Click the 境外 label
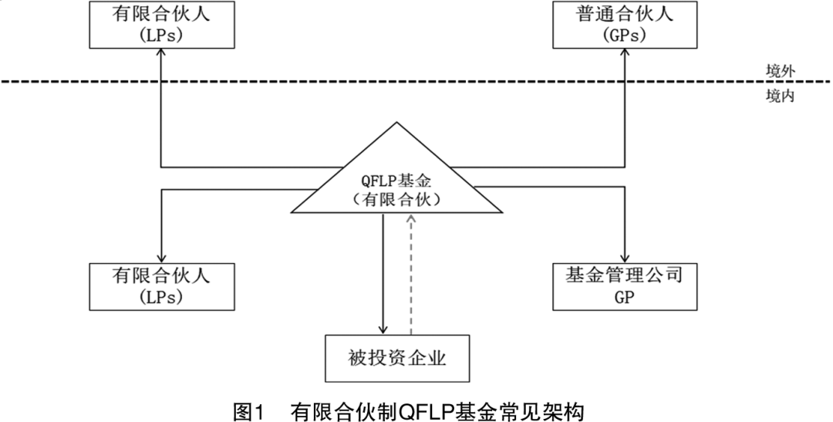(780, 72)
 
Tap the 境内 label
(780, 96)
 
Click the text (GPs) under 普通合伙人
(625, 35)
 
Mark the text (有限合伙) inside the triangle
(397, 200)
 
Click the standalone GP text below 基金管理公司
(625, 298)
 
